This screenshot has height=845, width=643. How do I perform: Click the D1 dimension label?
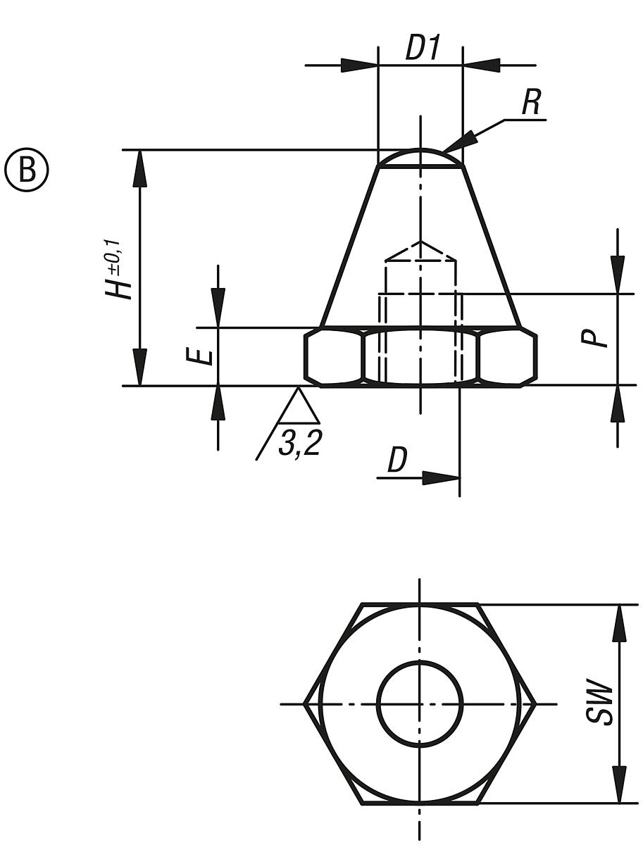point(422,48)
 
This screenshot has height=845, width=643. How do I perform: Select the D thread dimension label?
point(397,461)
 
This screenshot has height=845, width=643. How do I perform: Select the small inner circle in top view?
point(420,703)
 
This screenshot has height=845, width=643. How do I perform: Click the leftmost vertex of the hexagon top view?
point(305,703)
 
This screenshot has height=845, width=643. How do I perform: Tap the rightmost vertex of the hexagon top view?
point(536,703)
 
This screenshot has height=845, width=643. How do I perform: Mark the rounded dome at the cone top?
point(420,157)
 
